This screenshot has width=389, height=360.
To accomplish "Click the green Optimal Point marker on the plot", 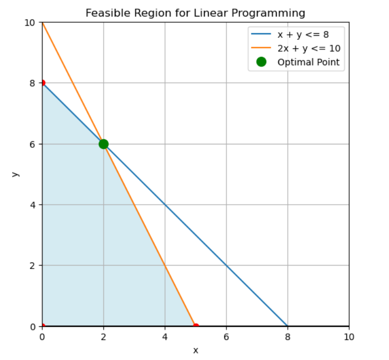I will pos(103,144).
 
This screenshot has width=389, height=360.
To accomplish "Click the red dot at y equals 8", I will pos(42,83).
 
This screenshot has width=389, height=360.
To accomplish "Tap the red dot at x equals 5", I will pos(195,326).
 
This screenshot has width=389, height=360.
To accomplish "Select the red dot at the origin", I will pos(42,326).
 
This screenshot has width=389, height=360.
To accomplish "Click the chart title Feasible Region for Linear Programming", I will pos(195,13).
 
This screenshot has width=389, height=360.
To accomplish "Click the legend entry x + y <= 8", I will pos(303,35).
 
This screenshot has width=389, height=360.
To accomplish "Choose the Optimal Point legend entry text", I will pos(308,62).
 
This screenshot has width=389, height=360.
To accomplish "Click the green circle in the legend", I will pos(261,62).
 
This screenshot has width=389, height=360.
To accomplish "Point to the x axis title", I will pos(195,350).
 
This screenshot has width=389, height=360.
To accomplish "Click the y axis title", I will pos(15,174).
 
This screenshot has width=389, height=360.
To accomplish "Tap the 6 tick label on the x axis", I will pos(226,337).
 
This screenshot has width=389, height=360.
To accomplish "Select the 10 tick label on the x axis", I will pos(349,337).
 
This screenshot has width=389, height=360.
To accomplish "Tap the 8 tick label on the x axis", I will pos(287,337).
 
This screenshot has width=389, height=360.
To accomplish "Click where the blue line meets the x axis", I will pos(287,326).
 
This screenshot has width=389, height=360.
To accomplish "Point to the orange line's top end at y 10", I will pos(43,23).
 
